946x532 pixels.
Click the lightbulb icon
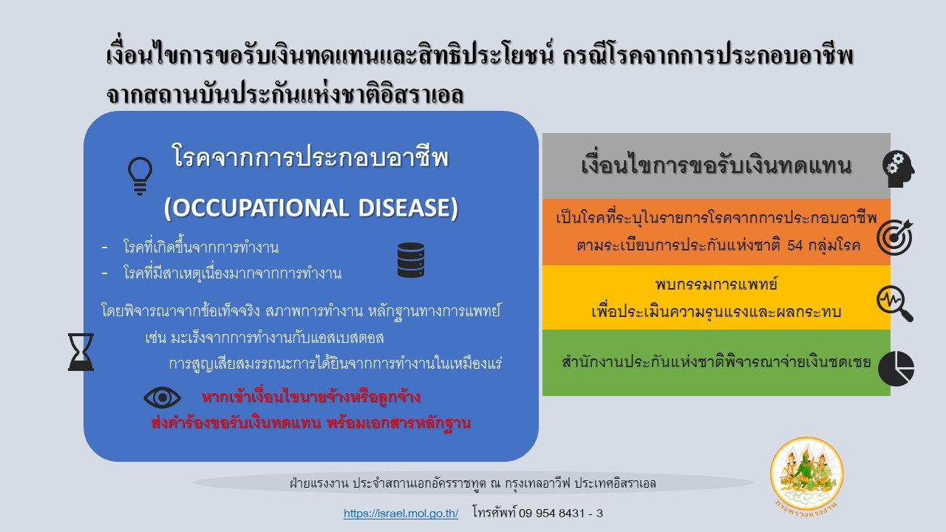click(140, 176)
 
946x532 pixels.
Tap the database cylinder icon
click(410, 260)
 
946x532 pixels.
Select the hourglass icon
click(81, 352)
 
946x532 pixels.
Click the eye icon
click(162, 398)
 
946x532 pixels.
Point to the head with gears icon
click(898, 169)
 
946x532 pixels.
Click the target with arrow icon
click(895, 237)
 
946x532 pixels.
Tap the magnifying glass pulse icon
click(895, 304)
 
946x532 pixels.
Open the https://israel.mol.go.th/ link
click(401, 514)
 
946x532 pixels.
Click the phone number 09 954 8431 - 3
click(561, 514)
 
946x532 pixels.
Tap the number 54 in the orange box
click(794, 245)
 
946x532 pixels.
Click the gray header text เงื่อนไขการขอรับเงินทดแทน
click(716, 165)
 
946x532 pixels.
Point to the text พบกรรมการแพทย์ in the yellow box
click(716, 284)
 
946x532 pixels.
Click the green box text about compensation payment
click(716, 362)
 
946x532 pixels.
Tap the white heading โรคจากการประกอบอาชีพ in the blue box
click(310, 157)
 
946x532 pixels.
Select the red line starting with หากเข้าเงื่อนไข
click(311, 397)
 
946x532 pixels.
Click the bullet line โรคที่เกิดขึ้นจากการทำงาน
click(201, 247)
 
